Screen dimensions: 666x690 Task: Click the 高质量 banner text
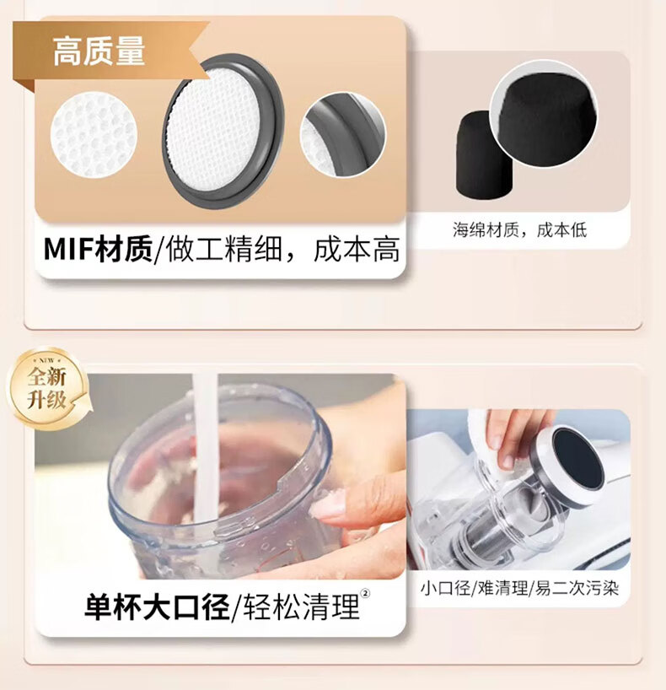(99, 51)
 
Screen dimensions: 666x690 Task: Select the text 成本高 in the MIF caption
(357, 250)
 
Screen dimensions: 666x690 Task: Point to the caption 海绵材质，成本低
(520, 230)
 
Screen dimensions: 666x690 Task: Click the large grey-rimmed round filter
(223, 132)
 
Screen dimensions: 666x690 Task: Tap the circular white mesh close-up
(94, 135)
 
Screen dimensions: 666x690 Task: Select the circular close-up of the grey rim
(342, 135)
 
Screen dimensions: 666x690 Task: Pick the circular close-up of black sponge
(544, 116)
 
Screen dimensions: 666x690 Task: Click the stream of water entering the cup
(205, 449)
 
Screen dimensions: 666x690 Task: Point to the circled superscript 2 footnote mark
(365, 594)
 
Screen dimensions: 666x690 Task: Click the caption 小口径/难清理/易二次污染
(519, 588)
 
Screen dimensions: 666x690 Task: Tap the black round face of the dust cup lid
(577, 459)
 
